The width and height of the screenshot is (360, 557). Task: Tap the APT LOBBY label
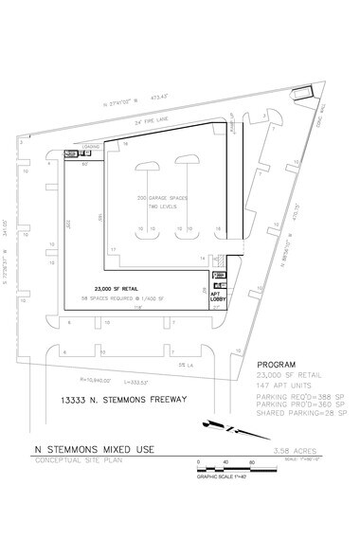pyautogui.click(x=216, y=297)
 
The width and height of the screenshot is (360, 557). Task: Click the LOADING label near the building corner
pyautogui.click(x=93, y=147)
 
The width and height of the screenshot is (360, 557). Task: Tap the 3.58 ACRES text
pyautogui.click(x=262, y=451)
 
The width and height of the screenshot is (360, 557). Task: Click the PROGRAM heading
pyautogui.click(x=277, y=364)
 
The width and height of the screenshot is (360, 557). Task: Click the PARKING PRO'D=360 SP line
pyautogui.click(x=296, y=404)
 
